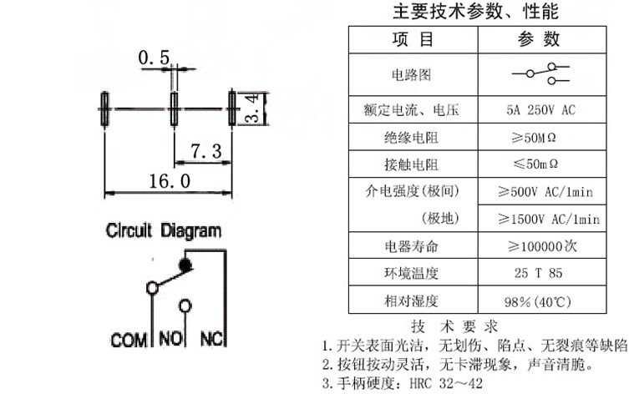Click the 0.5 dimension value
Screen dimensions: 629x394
[x=154, y=58]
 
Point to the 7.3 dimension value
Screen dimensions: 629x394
[x=205, y=151]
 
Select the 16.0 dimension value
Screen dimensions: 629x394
[x=170, y=181]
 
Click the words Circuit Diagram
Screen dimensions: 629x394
[x=164, y=231]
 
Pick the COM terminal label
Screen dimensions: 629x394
[x=129, y=341]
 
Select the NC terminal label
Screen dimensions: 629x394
[x=212, y=341]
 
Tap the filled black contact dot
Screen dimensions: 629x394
[x=185, y=265]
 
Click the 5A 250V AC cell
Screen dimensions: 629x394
[x=540, y=109]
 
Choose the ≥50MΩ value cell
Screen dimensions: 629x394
[x=530, y=137]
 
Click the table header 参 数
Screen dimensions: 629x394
[x=540, y=39]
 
